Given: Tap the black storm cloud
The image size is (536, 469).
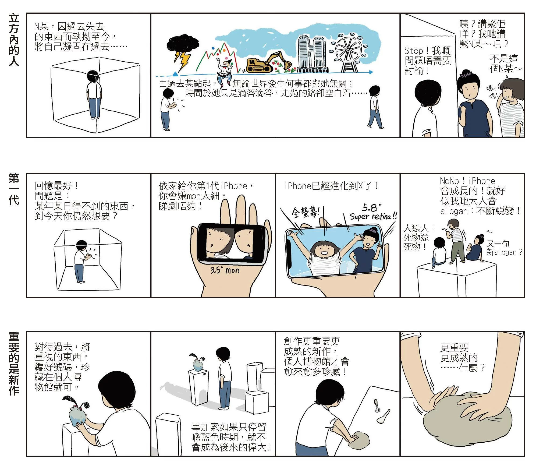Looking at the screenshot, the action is coord(183,44).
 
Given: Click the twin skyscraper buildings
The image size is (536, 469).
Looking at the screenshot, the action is coord(312,54).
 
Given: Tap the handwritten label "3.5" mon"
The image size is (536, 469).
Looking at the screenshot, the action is coord(225,270).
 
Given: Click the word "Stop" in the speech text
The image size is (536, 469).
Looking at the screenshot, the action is coord(414,51).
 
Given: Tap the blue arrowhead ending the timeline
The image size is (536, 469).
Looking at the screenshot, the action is coord(371,72).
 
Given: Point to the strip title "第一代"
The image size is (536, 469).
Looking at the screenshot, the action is coord(14,189).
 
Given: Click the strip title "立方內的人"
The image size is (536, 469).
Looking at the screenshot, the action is coord(14,40).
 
